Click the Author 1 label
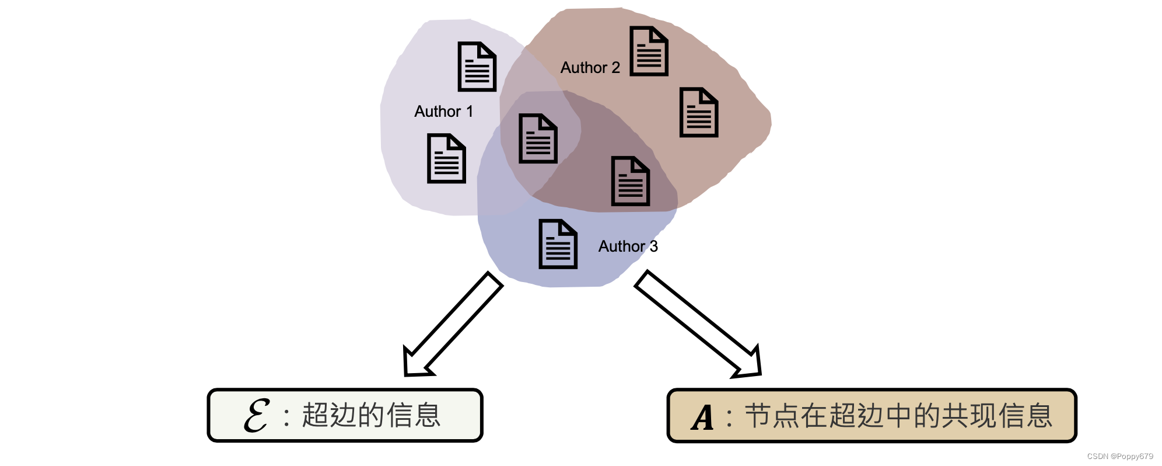tap(443, 112)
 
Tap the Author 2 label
tap(590, 68)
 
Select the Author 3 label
tap(628, 246)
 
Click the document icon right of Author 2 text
tap(649, 51)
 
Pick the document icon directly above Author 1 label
tap(477, 67)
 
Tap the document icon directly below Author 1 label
tap(446, 158)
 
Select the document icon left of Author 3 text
tap(558, 244)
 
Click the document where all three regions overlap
tap(538, 138)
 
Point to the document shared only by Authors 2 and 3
tap(630, 181)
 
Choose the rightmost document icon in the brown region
tap(699, 113)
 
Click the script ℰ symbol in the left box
tap(257, 416)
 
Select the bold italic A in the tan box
tap(703, 417)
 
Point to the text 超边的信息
tap(371, 416)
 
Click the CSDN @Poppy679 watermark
tap(1120, 457)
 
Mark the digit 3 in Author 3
tap(654, 246)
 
